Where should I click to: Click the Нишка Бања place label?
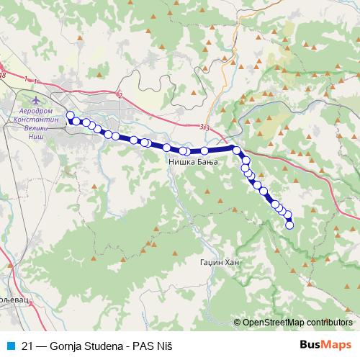(192, 163)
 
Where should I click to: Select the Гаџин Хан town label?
(219, 263)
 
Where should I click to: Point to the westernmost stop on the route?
(70, 115)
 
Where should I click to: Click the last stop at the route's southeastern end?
(290, 225)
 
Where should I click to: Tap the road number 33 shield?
(206, 127)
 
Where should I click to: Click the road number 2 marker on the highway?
(120, 94)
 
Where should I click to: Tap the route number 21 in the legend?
(27, 346)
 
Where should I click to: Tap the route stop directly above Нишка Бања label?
(184, 151)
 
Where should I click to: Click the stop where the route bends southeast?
(236, 150)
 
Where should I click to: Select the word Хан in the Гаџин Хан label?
(230, 263)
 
